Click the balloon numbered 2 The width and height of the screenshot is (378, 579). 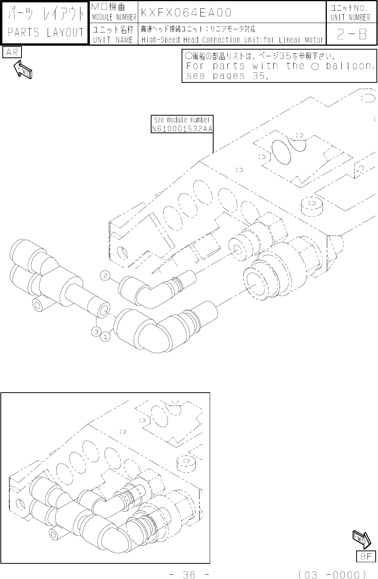105,276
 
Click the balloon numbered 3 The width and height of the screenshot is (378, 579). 96,332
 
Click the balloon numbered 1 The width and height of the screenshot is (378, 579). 105,337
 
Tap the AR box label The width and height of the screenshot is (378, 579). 12,52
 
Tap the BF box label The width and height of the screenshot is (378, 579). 366,556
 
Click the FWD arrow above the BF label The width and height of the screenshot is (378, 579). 362,540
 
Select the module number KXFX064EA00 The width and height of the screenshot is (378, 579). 186,13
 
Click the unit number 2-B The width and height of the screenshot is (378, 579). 352,34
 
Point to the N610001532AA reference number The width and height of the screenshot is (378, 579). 182,129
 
